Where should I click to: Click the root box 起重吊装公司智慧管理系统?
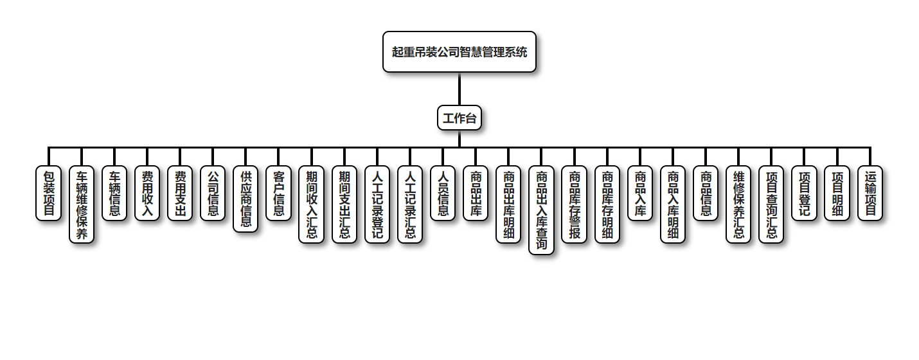click(459, 52)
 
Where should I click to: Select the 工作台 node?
click(459, 118)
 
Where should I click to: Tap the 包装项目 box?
click(48, 193)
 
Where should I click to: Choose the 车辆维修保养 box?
click(82, 204)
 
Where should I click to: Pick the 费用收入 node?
click(147, 193)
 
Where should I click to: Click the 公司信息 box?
click(213, 193)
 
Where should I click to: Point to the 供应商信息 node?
click(245, 199)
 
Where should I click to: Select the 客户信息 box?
click(278, 193)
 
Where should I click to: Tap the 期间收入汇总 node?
click(311, 204)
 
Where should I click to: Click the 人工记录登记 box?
click(377, 204)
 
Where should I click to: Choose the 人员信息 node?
click(443, 193)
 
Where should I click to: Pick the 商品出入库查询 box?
click(541, 210)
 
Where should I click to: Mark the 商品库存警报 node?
click(574, 204)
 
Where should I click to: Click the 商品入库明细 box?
click(673, 204)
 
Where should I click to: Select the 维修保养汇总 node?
click(738, 204)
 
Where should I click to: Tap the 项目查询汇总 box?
click(771, 204)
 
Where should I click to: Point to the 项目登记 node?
click(804, 193)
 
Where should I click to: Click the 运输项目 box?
click(870, 193)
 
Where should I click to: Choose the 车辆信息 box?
click(114, 193)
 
